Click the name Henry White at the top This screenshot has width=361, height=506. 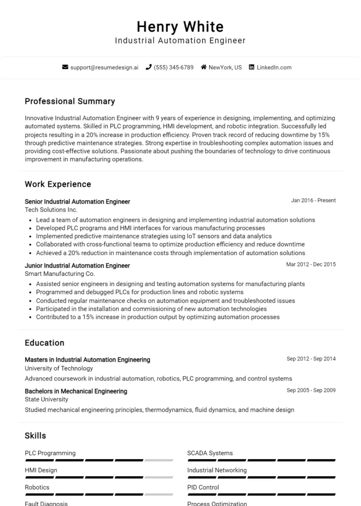pyautogui.click(x=180, y=26)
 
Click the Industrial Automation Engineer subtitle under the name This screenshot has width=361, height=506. pyautogui.click(x=180, y=41)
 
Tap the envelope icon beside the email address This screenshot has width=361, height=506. pyautogui.click(x=65, y=67)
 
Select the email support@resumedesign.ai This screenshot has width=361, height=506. pyautogui.click(x=104, y=67)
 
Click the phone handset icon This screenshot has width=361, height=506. pyautogui.click(x=148, y=67)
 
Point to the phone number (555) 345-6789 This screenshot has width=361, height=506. pyautogui.click(x=174, y=67)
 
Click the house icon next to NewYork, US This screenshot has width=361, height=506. pyautogui.click(x=203, y=67)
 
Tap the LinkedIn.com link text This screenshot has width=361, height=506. pyautogui.click(x=274, y=67)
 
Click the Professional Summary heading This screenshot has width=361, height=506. pyautogui.click(x=70, y=101)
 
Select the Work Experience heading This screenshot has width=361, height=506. pyautogui.click(x=58, y=184)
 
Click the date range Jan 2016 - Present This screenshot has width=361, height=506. pyautogui.click(x=313, y=201)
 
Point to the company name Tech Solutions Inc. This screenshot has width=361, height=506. pyautogui.click(x=51, y=210)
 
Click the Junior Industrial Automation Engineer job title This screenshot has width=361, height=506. pyautogui.click(x=77, y=265)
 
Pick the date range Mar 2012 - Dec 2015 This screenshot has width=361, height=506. pyautogui.click(x=311, y=264)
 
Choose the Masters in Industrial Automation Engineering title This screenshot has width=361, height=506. pyautogui.click(x=88, y=360)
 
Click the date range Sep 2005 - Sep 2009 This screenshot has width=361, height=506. pyautogui.click(x=311, y=390)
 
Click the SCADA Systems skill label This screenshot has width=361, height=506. pyautogui.click(x=210, y=453)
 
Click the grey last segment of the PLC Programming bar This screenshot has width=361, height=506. pyautogui.click(x=159, y=461)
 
